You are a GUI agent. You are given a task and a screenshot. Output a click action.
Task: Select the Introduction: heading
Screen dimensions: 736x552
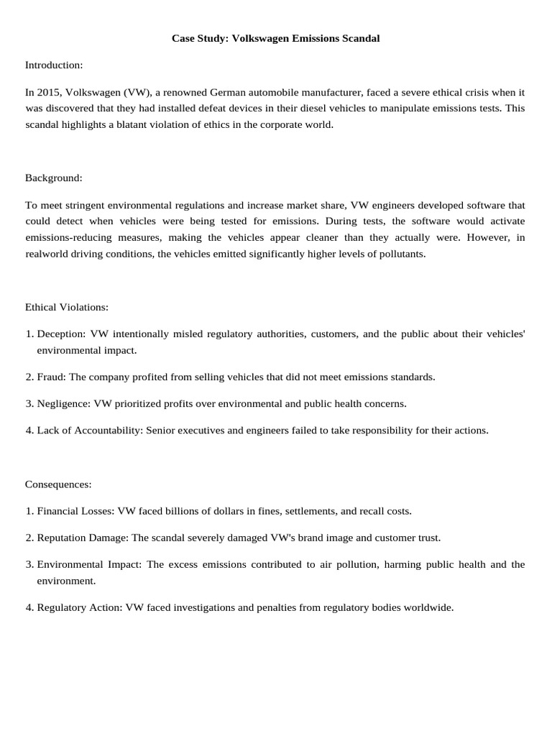pyautogui.click(x=54, y=65)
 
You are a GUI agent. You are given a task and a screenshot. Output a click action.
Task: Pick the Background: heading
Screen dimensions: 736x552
pyautogui.click(x=54, y=177)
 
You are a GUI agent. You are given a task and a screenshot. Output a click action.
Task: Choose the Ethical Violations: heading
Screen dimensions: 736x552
pyautogui.click(x=67, y=307)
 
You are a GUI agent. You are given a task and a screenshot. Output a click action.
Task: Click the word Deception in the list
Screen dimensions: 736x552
pyautogui.click(x=61, y=334)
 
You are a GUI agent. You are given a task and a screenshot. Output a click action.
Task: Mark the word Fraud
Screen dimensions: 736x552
pyautogui.click(x=50, y=377)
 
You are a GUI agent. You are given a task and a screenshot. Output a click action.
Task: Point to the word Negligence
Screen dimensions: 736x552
pyautogui.click(x=63, y=403)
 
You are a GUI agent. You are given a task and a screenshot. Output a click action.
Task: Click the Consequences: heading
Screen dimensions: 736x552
pyautogui.click(x=58, y=484)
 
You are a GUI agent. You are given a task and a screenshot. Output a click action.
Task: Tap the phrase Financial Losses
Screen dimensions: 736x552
pyautogui.click(x=75, y=511)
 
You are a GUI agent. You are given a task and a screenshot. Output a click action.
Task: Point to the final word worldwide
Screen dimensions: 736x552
pyautogui.click(x=428, y=607)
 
